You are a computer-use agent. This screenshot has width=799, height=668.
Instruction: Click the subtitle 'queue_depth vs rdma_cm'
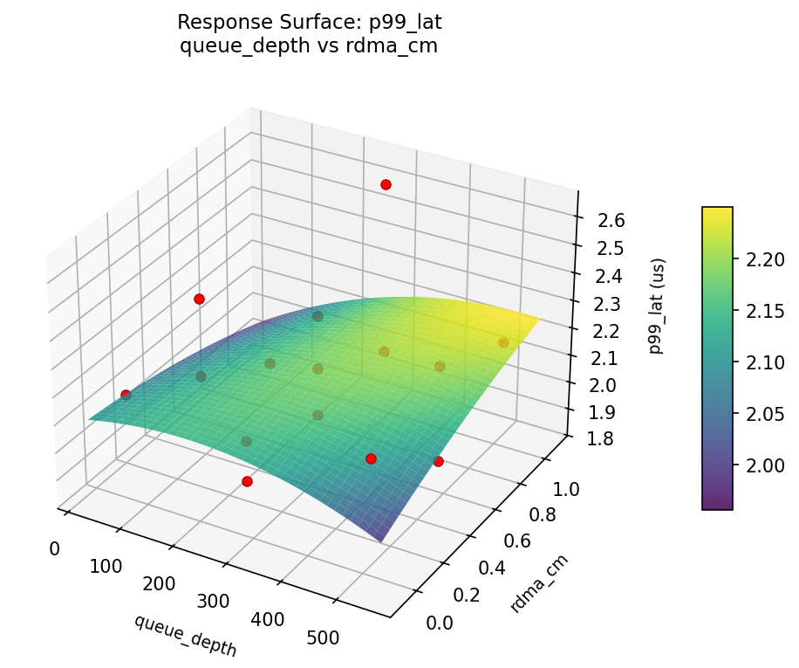(308, 46)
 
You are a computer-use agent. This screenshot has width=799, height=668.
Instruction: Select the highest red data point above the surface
(386, 184)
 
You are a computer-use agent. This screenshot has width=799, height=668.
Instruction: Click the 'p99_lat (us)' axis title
(659, 306)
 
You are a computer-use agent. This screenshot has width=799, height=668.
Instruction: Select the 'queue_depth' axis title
(185, 635)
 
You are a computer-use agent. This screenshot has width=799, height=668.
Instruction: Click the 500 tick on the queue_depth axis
(323, 637)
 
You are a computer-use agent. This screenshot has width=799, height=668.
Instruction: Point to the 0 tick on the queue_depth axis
(54, 549)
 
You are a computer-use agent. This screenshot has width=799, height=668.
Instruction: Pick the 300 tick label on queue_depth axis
(213, 602)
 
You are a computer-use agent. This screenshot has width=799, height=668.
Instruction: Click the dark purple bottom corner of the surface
(382, 540)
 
